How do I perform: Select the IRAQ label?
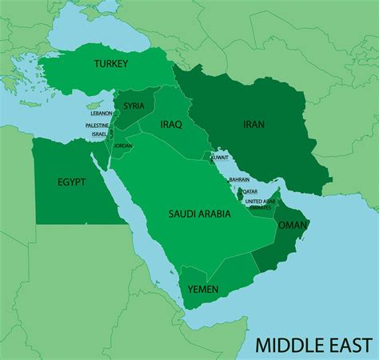click(x=171, y=125)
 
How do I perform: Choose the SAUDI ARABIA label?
click(x=199, y=214)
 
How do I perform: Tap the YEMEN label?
click(x=202, y=289)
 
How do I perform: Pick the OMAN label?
click(x=292, y=226)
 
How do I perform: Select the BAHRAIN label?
click(x=239, y=180)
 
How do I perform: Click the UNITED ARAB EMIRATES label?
click(x=261, y=204)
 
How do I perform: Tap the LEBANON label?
click(x=102, y=114)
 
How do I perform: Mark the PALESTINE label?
click(x=97, y=125)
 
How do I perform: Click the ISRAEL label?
click(x=99, y=134)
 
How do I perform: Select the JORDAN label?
click(x=123, y=146)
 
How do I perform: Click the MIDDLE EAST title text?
click(x=313, y=345)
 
